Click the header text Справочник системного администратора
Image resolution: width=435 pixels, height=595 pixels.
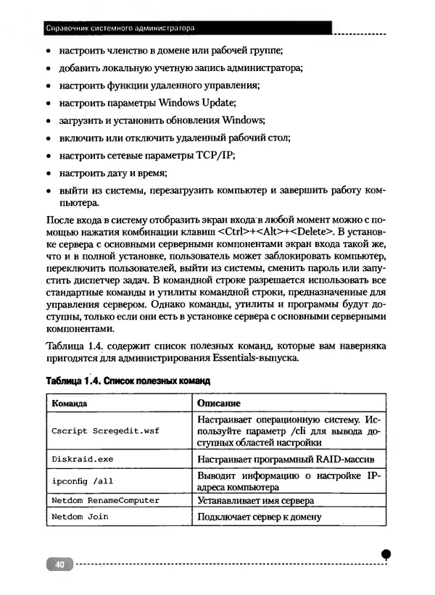click(x=120, y=29)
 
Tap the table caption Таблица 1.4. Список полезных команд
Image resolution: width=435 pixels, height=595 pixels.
click(x=128, y=380)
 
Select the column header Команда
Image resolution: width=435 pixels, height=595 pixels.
click(x=70, y=403)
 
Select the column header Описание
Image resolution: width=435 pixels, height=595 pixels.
click(x=219, y=403)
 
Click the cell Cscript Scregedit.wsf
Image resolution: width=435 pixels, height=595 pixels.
click(x=105, y=430)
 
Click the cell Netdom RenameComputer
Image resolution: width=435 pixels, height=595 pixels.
click(x=105, y=500)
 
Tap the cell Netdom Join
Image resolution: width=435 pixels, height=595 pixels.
click(x=79, y=517)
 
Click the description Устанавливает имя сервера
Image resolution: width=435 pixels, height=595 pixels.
click(x=256, y=500)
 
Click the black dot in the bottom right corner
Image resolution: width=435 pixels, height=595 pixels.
click(x=386, y=553)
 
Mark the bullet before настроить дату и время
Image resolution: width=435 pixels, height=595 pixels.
click(x=48, y=174)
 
